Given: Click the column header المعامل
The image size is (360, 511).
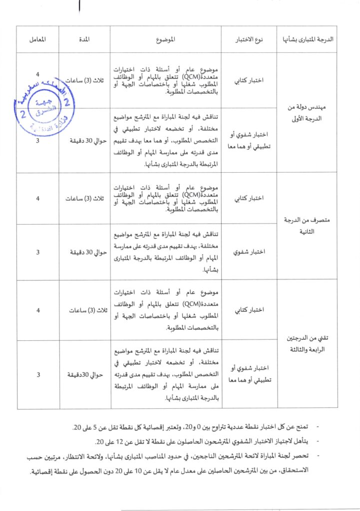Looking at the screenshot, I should coord(37,39).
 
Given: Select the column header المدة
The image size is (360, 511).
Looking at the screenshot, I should coord(83,39).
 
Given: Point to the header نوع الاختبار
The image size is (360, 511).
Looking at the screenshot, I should coord(249,39).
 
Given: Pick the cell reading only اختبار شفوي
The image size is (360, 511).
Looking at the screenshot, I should coord(249,252).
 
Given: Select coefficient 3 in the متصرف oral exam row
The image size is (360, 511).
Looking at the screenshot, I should coord(38,252).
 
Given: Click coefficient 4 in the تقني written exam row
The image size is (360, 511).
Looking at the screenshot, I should coord(38,310).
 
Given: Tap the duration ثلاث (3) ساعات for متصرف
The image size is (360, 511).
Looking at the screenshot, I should coord(83,198).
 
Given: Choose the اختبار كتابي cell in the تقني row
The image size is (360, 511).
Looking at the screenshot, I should coord(249,310).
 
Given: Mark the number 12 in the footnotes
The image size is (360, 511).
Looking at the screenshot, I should coord(118,442).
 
